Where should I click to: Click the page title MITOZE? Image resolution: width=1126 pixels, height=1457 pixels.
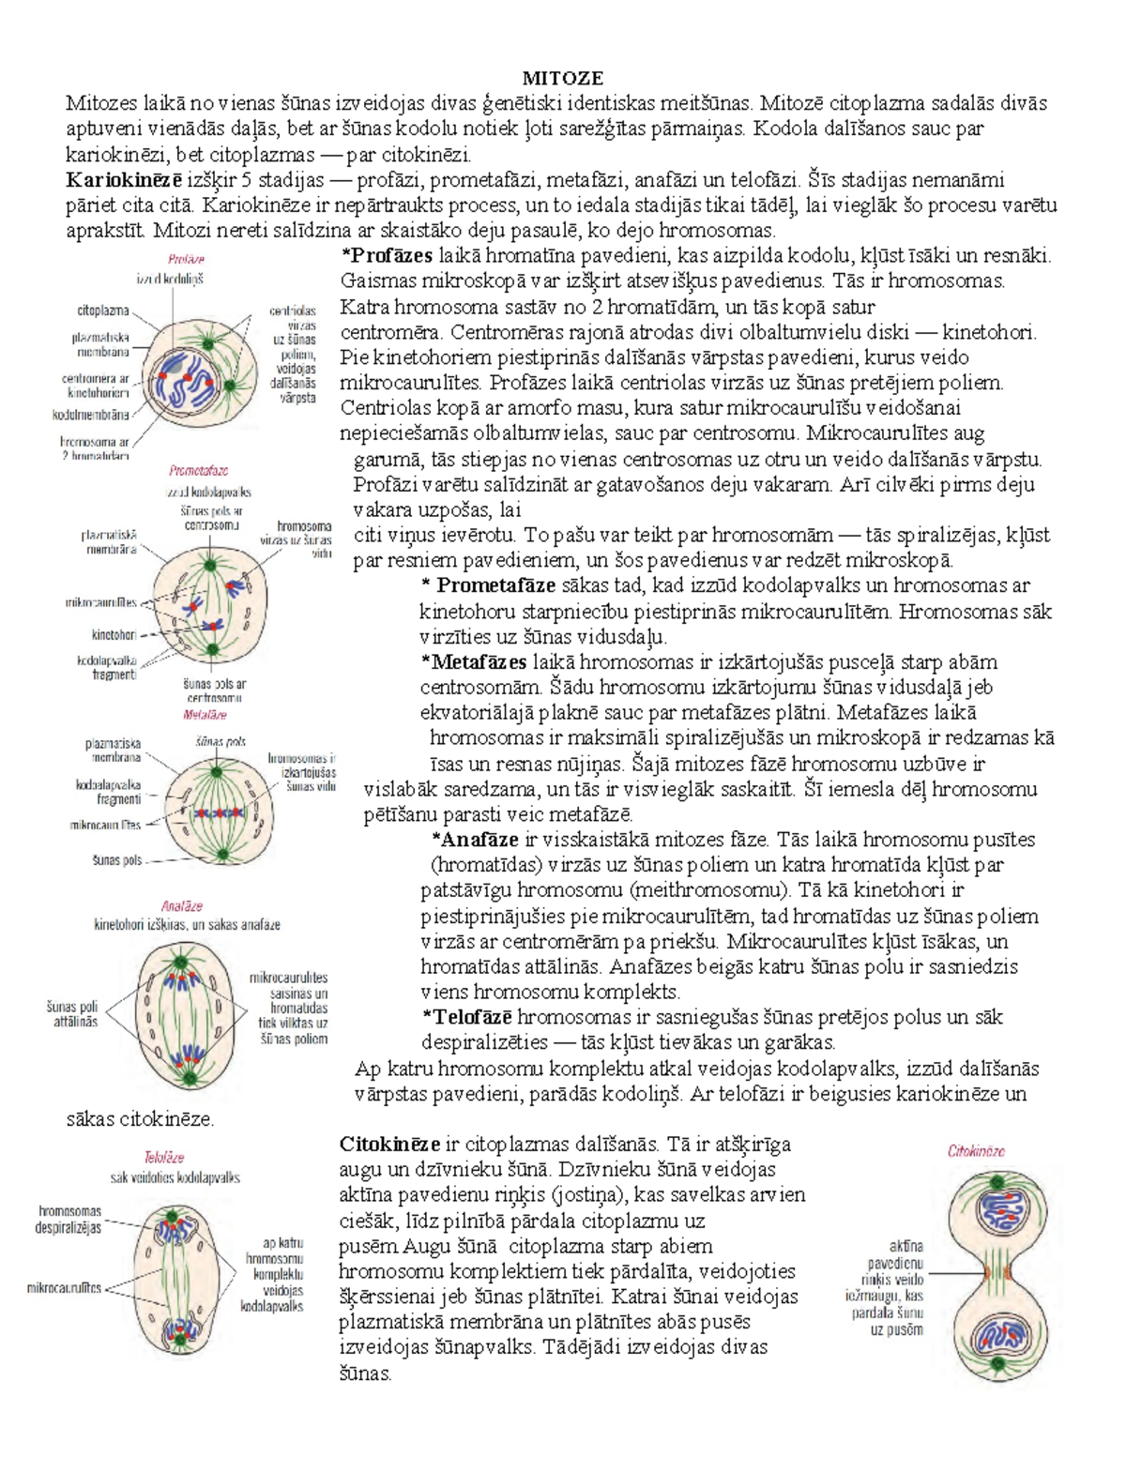(562, 78)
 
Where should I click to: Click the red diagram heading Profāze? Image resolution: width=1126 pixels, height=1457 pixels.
(186, 259)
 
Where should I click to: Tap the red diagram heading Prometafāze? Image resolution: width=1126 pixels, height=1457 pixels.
(198, 471)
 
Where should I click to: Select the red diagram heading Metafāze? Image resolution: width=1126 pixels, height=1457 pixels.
(205, 714)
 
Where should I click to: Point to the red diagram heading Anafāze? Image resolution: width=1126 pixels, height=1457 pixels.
(181, 906)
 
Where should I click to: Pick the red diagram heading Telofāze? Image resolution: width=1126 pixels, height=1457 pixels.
(163, 1158)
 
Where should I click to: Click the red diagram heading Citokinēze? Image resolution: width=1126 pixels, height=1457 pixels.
(976, 1150)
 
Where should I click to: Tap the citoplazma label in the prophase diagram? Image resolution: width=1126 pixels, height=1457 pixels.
(102, 310)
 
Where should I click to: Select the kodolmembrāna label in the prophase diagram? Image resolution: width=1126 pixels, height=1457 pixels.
(91, 414)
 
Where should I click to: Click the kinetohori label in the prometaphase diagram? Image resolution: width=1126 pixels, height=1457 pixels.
(114, 634)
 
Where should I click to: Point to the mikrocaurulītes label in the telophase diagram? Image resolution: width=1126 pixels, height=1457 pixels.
(64, 1288)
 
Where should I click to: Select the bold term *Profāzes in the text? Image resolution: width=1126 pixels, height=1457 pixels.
(387, 255)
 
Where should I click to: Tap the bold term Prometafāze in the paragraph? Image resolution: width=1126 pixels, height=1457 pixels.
(496, 586)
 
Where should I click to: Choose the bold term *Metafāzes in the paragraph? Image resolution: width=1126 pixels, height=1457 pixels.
(475, 662)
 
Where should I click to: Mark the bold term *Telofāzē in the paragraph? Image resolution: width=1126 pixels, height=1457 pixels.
(468, 1017)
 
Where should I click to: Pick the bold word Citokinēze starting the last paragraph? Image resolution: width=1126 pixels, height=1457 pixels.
(389, 1144)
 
